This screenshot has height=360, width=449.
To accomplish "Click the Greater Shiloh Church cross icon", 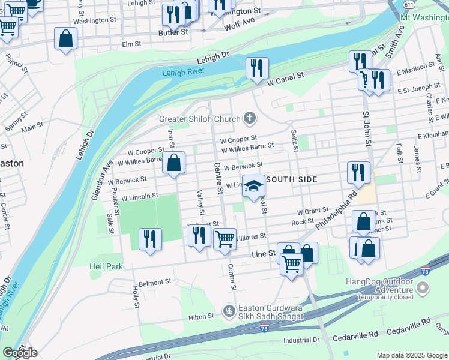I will point(249,118).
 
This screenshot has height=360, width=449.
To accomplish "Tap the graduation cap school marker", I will point(253,186).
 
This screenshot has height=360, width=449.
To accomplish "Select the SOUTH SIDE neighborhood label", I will point(291,179).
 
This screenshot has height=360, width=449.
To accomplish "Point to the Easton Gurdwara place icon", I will point(228,311).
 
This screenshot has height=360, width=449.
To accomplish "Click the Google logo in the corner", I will point(20,353).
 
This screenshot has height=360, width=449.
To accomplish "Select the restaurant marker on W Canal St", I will point(257,67).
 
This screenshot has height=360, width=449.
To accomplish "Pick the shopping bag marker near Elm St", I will point(66,38).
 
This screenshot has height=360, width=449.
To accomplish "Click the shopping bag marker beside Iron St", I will point(173,163).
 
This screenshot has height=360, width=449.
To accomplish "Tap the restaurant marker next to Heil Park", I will point(150,239).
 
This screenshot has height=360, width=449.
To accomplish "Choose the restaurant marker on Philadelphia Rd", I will point(358,172).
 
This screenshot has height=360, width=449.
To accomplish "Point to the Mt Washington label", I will point(424,17).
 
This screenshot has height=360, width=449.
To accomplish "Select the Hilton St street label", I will point(202,316).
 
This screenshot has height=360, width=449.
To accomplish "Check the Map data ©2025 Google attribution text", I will point(412,355).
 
